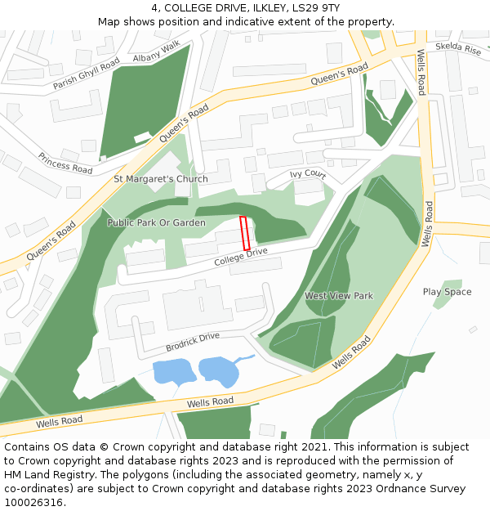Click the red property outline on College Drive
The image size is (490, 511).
(245, 233)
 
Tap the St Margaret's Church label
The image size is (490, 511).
(160, 179)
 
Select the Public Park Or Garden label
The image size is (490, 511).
(156, 222)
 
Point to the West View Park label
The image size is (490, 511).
(338, 295)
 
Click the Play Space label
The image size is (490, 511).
(447, 292)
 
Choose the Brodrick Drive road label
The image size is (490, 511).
(192, 340)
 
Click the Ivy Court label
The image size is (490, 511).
(308, 175)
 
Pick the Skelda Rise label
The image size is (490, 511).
(458, 48)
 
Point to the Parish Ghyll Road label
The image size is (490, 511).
(86, 74)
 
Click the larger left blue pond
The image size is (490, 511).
(174, 372)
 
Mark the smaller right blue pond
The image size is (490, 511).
(218, 370)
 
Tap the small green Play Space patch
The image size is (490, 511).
(441, 299)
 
